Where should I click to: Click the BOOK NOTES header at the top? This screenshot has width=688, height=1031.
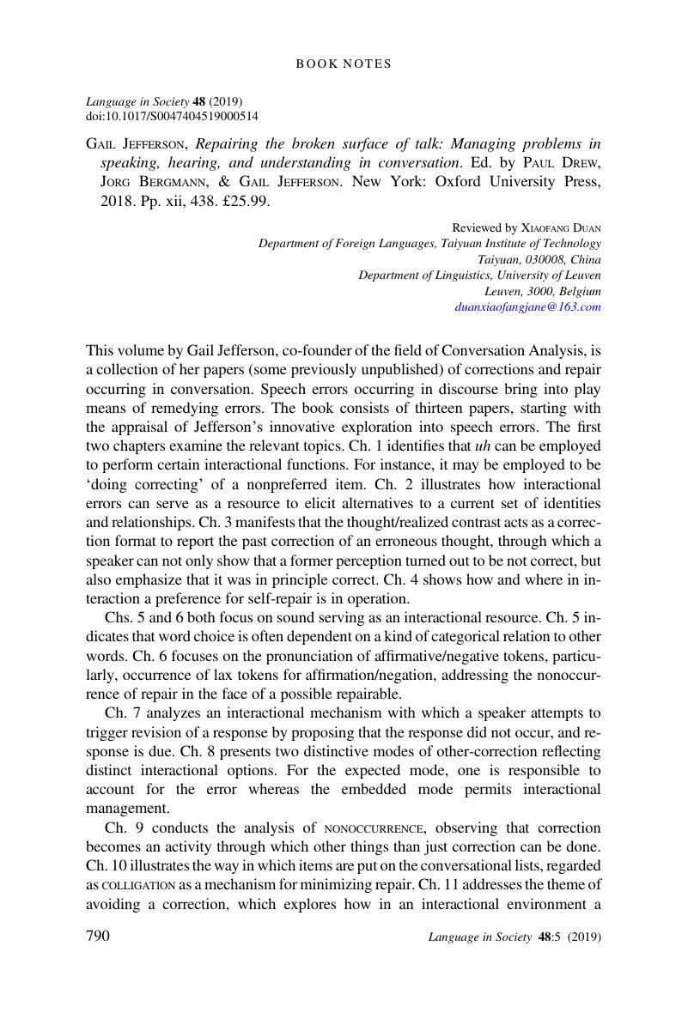click(x=344, y=64)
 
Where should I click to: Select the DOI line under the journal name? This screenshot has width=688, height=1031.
click(x=173, y=116)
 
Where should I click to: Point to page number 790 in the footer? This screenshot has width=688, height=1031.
click(x=99, y=937)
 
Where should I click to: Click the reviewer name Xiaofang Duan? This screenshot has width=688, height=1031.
click(x=561, y=228)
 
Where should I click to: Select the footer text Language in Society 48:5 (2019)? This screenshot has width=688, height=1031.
click(x=514, y=938)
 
